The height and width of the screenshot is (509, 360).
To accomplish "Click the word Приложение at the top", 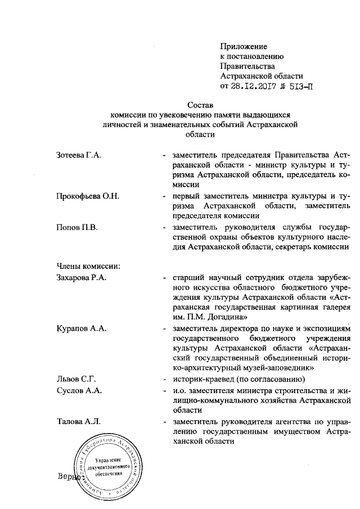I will pyautogui.click(x=243, y=46).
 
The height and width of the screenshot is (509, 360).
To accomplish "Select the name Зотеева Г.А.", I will pyautogui.click(x=79, y=154).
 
